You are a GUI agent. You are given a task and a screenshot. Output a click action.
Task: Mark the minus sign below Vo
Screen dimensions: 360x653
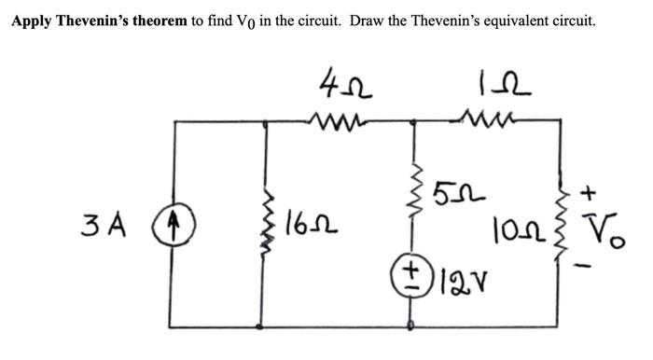588,267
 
